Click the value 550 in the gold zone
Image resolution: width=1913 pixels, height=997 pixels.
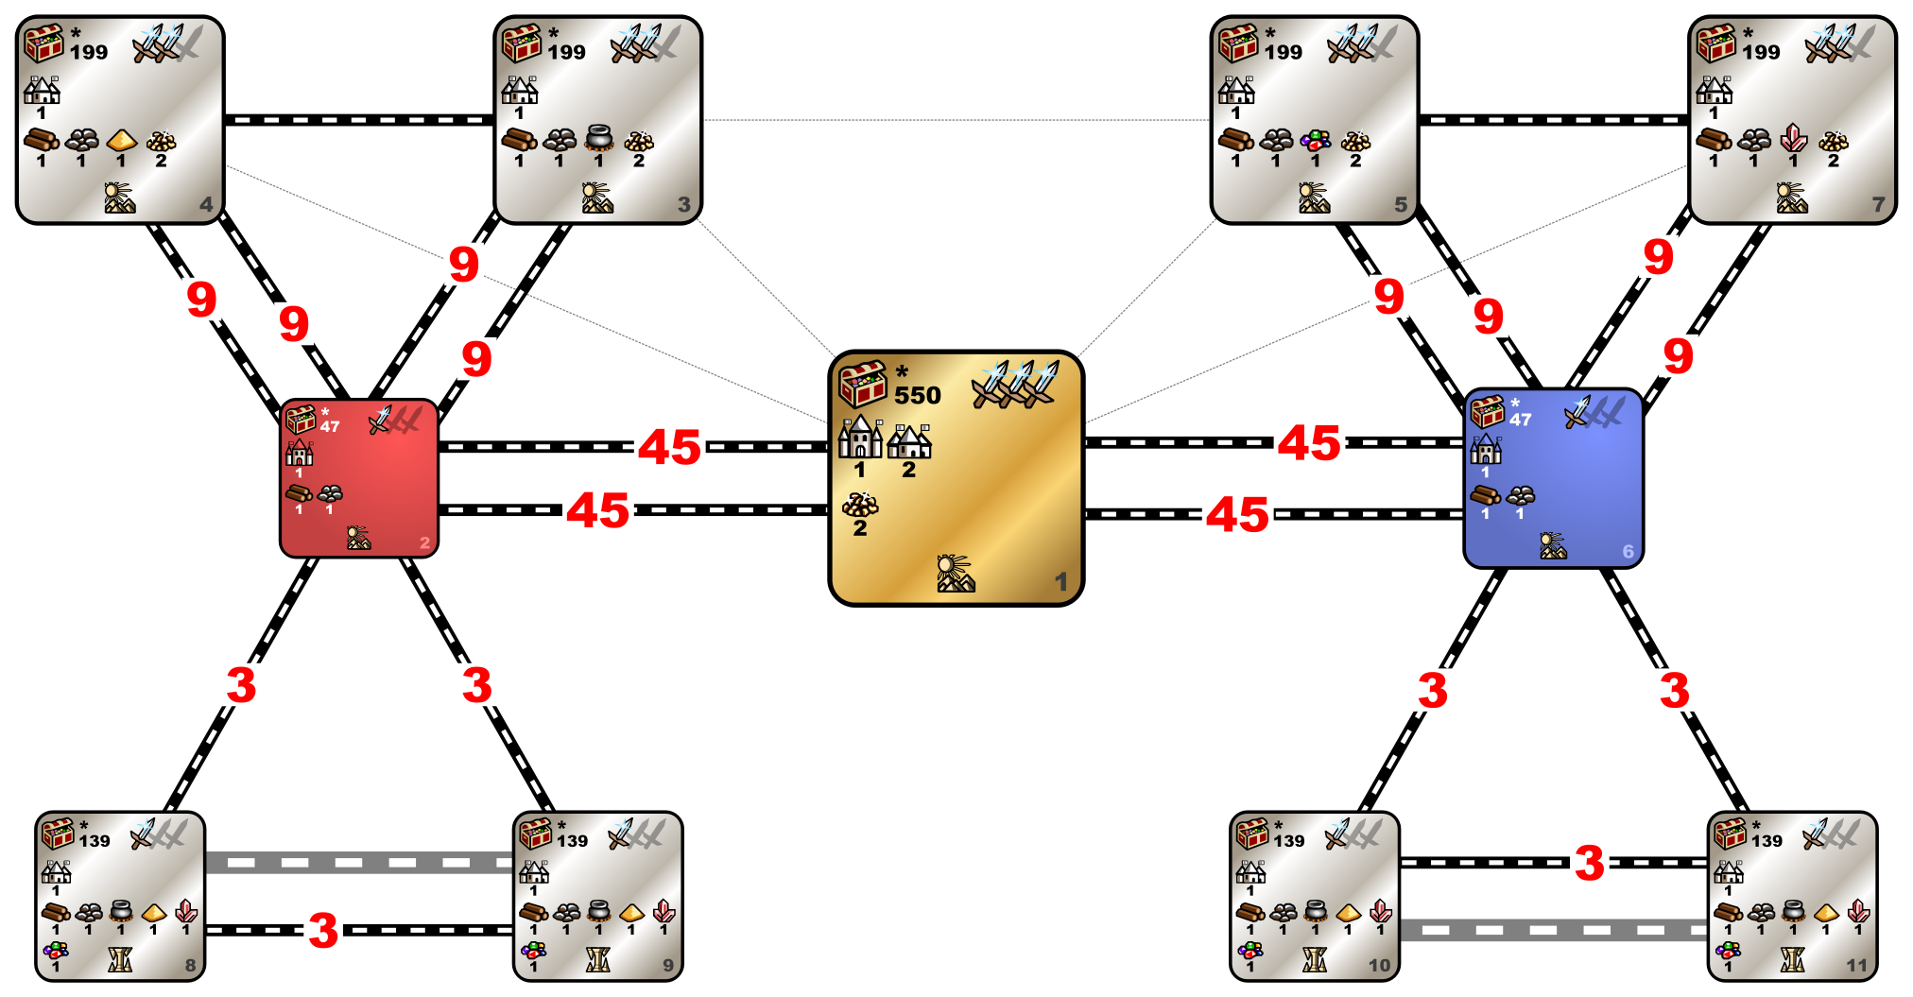[918, 395]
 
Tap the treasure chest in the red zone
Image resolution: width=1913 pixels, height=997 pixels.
[301, 419]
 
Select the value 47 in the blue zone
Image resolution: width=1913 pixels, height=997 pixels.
[1520, 420]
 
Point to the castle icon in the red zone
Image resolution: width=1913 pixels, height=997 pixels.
[300, 453]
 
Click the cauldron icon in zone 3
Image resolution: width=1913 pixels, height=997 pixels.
[599, 139]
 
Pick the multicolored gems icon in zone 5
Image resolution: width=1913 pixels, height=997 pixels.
[1316, 141]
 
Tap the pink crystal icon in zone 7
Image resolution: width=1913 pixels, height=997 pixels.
[1793, 139]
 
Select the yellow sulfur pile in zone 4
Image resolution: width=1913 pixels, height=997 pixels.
[122, 141]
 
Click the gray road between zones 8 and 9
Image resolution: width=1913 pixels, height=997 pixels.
[359, 862]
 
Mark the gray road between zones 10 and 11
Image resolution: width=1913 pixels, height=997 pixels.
[1553, 930]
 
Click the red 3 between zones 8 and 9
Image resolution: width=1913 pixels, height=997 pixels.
[323, 930]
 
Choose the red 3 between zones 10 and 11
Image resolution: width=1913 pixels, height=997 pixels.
[1590, 863]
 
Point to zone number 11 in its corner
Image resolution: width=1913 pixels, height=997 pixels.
[1856, 965]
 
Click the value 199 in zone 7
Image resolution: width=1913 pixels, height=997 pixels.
[1762, 52]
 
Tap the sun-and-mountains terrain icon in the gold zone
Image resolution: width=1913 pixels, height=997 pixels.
[956, 574]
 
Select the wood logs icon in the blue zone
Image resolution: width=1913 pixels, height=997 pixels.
[1485, 494]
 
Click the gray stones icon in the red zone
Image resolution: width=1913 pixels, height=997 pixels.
[330, 493]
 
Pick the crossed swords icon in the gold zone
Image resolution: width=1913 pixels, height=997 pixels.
[1015, 383]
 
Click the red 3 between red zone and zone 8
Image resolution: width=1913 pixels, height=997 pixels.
[241, 684]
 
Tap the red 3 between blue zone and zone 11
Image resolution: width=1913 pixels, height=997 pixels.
[1675, 690]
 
